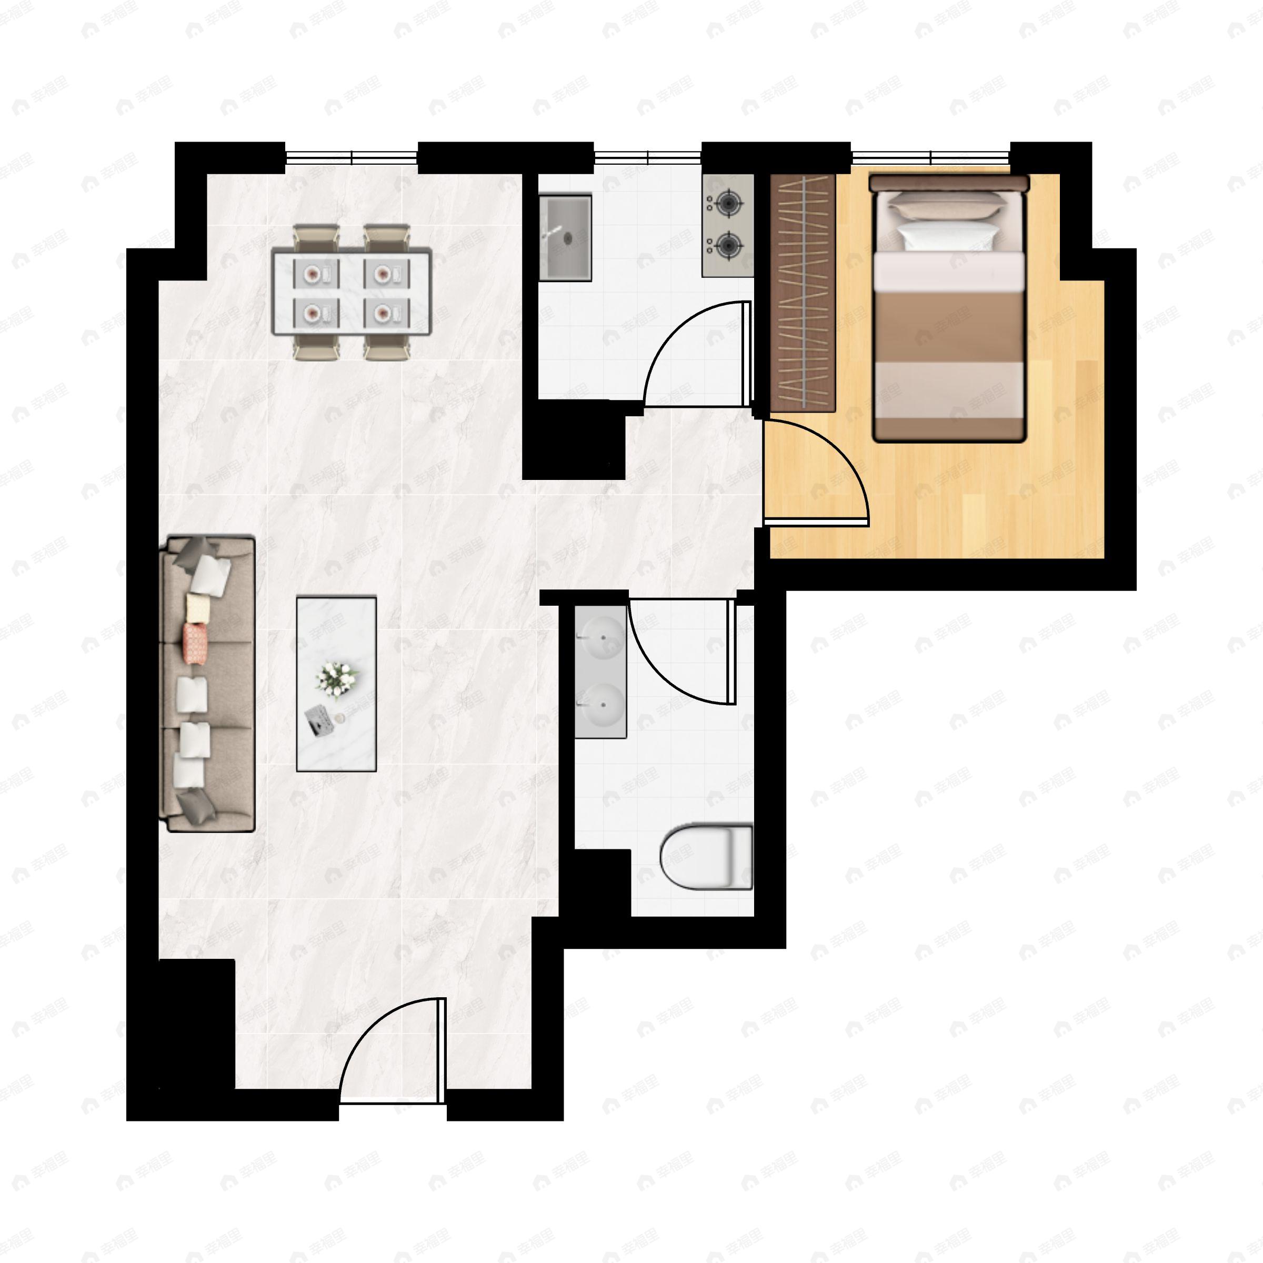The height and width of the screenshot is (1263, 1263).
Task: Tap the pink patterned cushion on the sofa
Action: [x=195, y=644]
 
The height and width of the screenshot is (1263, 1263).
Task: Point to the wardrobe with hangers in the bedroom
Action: [x=803, y=293]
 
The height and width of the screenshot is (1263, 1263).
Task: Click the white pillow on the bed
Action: [x=947, y=235]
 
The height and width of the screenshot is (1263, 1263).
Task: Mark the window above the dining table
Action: [x=352, y=157]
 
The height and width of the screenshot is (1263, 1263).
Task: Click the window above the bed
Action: [x=930, y=157]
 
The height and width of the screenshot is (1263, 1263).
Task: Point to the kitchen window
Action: [x=647, y=157]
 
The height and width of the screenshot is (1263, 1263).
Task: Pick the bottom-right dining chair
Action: [x=387, y=351]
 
